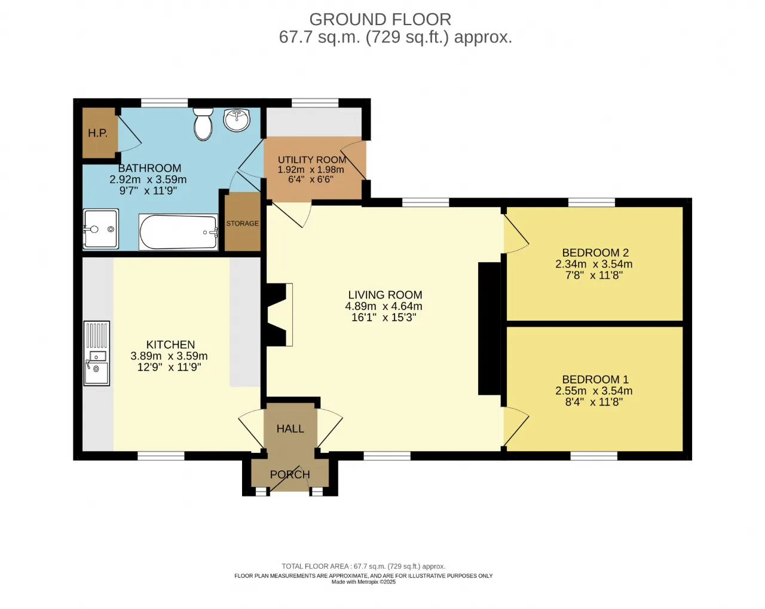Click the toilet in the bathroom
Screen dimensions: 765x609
(x=203, y=124)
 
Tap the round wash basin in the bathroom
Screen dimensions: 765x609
(x=237, y=120)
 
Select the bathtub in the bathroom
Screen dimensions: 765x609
(x=178, y=232)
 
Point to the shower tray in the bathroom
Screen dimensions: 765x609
(x=101, y=229)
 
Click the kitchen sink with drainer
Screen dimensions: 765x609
(x=97, y=354)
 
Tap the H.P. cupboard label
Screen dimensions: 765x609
(x=98, y=133)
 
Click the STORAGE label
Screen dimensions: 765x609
(x=243, y=224)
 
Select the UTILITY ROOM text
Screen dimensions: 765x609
(x=312, y=160)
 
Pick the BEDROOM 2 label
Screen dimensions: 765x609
(x=595, y=252)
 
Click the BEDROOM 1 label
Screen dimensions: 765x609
(x=595, y=379)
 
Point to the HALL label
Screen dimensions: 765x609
(x=290, y=429)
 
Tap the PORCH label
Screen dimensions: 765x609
(x=290, y=474)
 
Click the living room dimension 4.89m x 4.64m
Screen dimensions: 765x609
(x=384, y=306)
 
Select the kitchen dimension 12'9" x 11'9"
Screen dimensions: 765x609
(x=169, y=367)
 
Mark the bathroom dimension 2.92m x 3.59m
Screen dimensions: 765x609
(x=148, y=179)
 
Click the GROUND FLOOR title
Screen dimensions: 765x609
(x=380, y=20)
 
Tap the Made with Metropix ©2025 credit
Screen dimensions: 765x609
(x=363, y=582)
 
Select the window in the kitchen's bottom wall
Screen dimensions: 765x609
(x=161, y=456)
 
